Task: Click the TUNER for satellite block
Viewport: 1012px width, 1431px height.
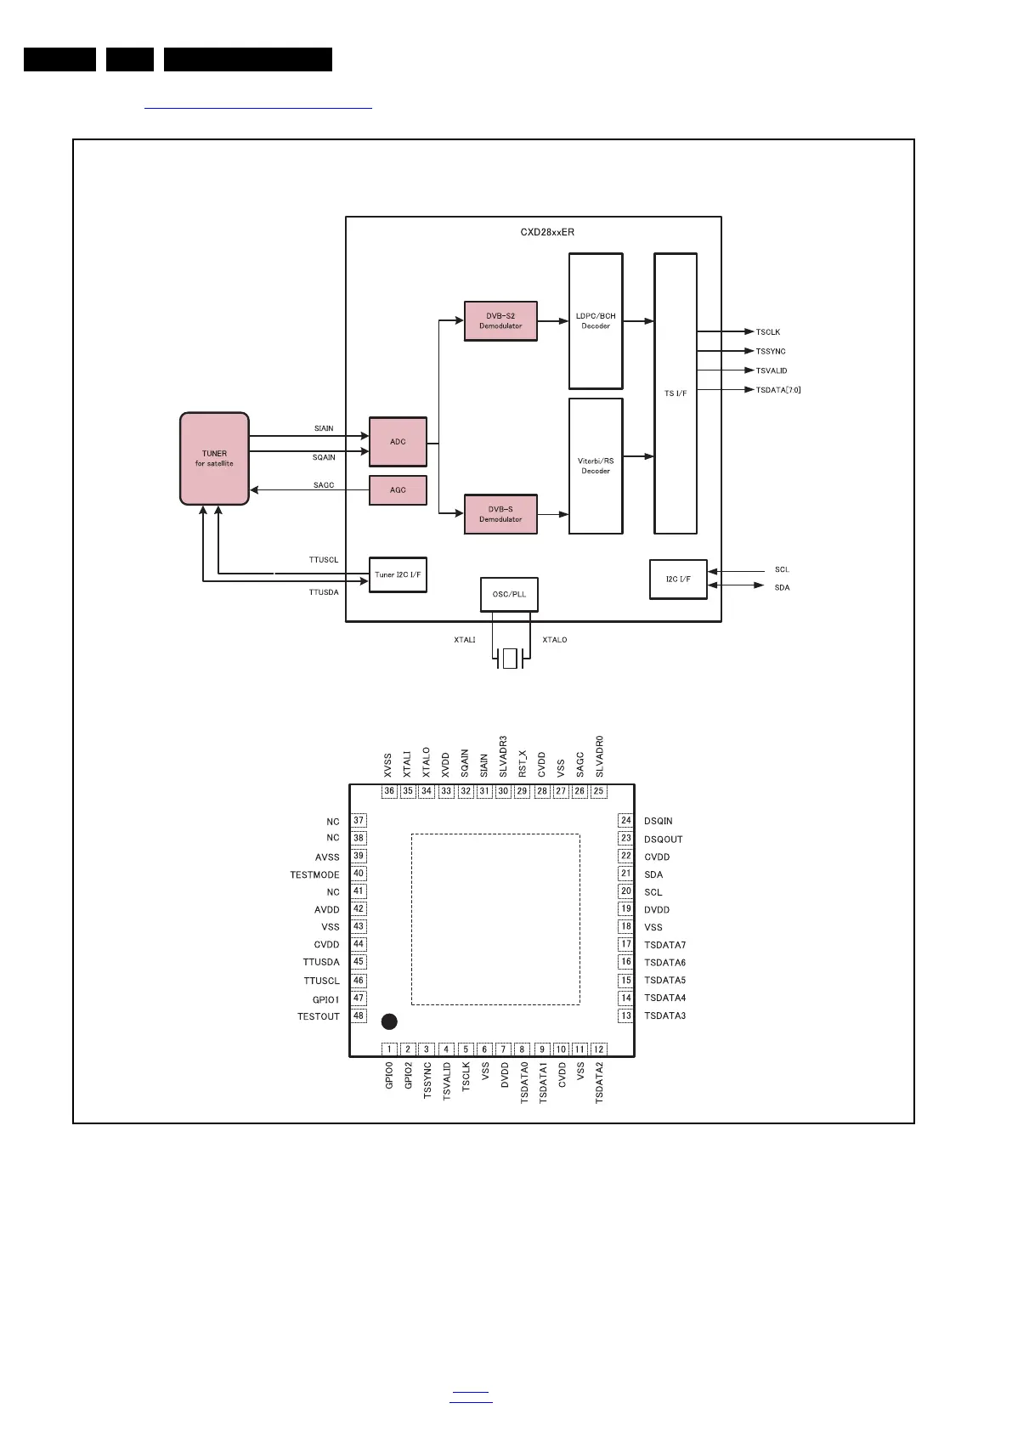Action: pos(214,459)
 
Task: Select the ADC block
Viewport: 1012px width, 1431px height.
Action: pos(398,442)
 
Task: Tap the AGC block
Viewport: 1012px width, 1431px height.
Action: pos(398,490)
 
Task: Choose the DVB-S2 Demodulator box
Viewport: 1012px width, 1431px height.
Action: pos(500,321)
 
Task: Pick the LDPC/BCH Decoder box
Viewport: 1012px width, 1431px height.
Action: pos(596,321)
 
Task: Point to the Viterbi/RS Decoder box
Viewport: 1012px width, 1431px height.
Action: pos(596,466)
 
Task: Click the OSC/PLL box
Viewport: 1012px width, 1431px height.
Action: pos(509,594)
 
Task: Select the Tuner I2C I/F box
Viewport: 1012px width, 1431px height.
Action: pos(398,575)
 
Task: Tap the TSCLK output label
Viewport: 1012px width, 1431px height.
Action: pos(768,332)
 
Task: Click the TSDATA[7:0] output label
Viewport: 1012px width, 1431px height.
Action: pos(778,390)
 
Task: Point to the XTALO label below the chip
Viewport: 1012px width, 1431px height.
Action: pos(554,640)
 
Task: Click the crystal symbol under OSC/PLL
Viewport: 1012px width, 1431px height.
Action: pos(510,659)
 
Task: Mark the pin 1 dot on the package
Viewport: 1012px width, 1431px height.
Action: pos(389,1021)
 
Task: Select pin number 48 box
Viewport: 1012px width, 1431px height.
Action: pos(359,1015)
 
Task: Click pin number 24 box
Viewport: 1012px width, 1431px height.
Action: pos(626,820)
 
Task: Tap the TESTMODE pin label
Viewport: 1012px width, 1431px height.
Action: pos(314,875)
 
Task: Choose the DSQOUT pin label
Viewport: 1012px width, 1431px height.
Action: pos(663,840)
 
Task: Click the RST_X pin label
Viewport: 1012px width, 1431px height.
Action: pos(523,763)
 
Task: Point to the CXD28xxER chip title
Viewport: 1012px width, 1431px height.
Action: pos(547,232)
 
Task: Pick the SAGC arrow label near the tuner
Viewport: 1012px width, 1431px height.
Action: pos(324,485)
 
